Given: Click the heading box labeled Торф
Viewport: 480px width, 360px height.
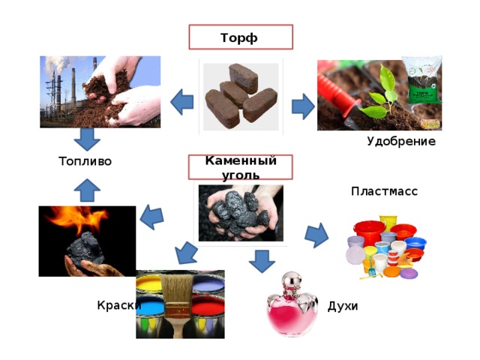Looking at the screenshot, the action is [x=241, y=37].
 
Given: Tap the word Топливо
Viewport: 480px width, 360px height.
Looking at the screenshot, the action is [x=85, y=161].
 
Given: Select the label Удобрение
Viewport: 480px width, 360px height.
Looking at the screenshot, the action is [x=401, y=142].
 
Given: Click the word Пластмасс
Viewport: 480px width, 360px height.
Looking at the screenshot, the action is [x=384, y=191].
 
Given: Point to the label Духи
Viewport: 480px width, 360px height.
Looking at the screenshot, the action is [x=343, y=306].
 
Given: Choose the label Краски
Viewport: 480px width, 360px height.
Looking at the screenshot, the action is [x=119, y=305].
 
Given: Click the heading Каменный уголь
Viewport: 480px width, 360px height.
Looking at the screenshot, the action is [x=241, y=167].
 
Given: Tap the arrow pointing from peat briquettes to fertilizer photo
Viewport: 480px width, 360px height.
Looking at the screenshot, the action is [x=303, y=106].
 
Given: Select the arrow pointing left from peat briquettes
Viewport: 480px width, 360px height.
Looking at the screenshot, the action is [x=181, y=102].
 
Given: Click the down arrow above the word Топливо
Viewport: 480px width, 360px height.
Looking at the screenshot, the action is [x=87, y=139].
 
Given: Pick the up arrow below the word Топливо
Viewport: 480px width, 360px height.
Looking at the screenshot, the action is [x=87, y=190].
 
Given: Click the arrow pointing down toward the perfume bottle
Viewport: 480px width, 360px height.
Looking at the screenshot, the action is [x=262, y=261].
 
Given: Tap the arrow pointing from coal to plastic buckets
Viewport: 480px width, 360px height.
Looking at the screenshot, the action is [x=316, y=235].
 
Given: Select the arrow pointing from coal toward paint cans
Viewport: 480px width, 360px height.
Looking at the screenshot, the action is [x=186, y=253].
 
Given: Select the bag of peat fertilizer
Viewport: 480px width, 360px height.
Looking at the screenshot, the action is [x=422, y=80].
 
